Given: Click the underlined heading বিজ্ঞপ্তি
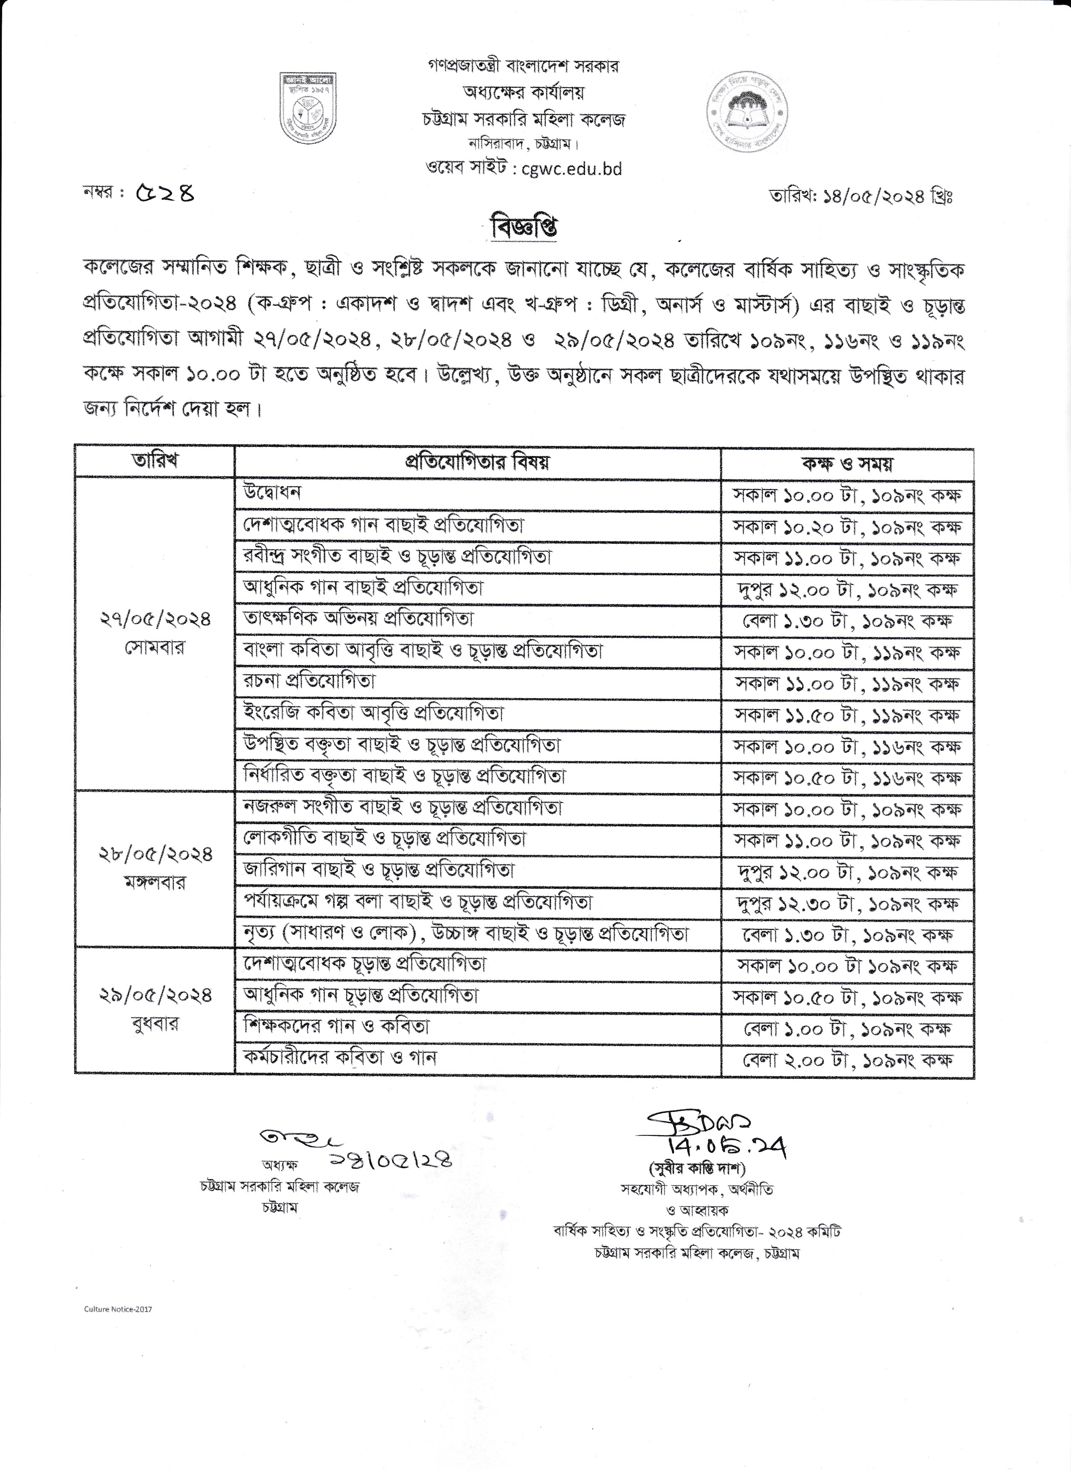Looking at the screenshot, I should pyautogui.click(x=526, y=228).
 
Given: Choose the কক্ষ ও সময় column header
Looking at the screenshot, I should pyautogui.click(x=847, y=463).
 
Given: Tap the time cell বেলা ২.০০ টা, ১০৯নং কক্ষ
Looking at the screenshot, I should pyautogui.click(x=847, y=1060).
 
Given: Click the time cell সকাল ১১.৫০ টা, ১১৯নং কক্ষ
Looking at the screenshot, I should pyautogui.click(x=847, y=715).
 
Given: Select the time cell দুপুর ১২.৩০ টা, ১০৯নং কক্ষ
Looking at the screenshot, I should pyautogui.click(x=847, y=903).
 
